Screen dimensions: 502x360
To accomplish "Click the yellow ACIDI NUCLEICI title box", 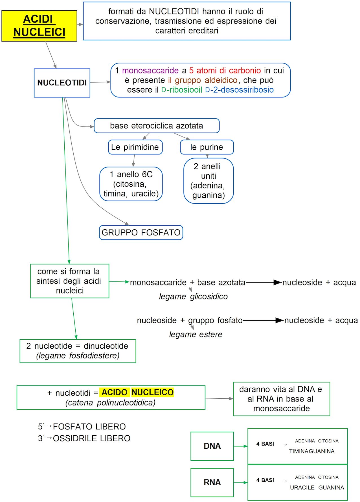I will [39, 26].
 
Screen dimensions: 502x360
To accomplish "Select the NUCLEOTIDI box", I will [62, 83].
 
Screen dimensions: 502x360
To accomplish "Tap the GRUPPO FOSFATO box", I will [141, 232].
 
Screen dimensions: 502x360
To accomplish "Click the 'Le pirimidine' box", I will [135, 147].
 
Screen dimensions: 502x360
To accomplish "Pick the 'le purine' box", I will [207, 147].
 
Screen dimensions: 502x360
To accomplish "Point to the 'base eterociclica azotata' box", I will [156, 126].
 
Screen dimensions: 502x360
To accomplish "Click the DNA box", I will [212, 446].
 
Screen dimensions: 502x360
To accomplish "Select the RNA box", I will [212, 482].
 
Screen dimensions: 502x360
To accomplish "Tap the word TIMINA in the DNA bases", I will [298, 451].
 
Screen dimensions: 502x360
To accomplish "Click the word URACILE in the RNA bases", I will [302, 488].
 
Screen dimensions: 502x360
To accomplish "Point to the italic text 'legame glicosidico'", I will [193, 296].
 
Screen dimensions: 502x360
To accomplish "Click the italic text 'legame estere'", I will [196, 334].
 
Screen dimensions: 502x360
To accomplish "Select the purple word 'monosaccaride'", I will [150, 70].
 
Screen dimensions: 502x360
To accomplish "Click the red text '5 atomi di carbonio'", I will [225, 70].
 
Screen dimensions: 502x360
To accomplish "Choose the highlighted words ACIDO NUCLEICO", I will [138, 392].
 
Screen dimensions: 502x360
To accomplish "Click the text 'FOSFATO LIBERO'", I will [89, 426].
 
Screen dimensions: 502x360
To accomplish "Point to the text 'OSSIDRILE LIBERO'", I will [91, 438].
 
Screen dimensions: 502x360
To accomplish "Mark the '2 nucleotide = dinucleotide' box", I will [78, 351].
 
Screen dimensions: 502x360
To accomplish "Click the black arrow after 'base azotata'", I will [264, 282].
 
